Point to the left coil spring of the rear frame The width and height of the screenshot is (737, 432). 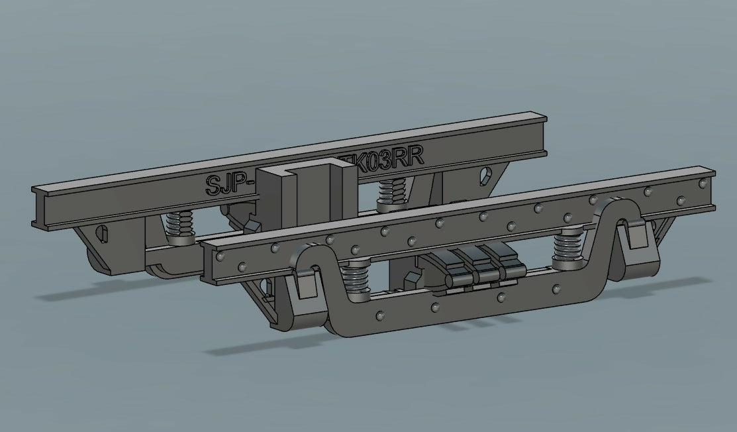click(x=176, y=225)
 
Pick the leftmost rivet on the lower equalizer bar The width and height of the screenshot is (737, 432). click(x=380, y=311)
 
